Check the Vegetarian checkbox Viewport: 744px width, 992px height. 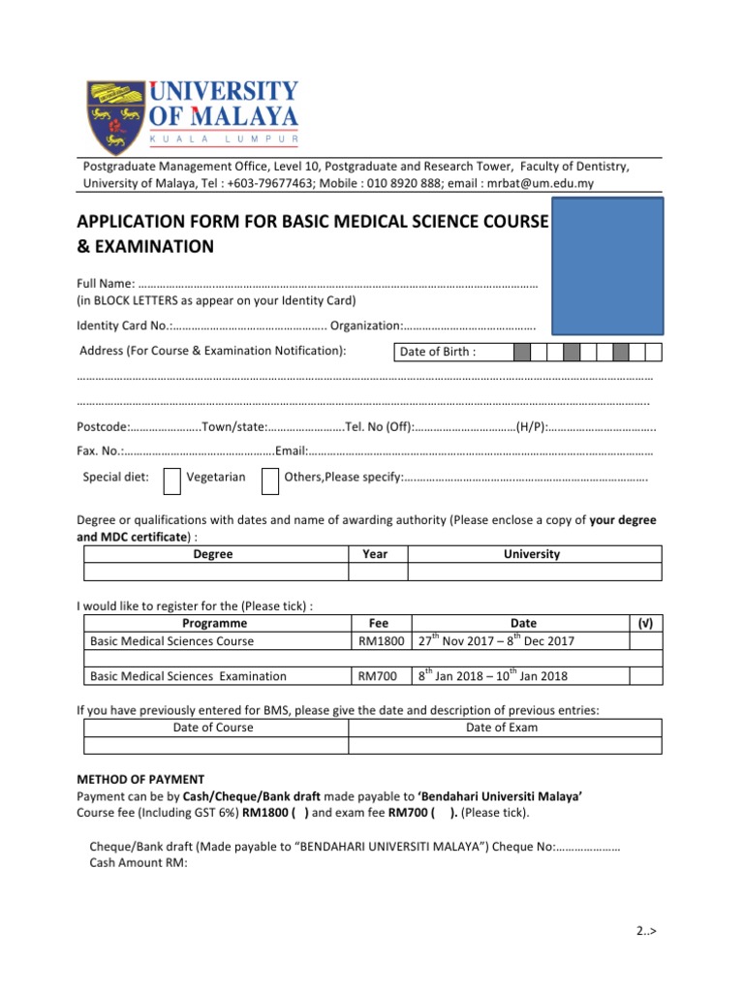pyautogui.click(x=171, y=478)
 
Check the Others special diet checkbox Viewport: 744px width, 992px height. pyautogui.click(x=270, y=478)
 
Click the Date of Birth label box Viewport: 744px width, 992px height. pyautogui.click(x=452, y=353)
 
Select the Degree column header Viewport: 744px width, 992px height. pyautogui.click(x=213, y=554)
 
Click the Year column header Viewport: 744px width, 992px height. pyautogui.click(x=375, y=554)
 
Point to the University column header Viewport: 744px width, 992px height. pyautogui.click(x=532, y=554)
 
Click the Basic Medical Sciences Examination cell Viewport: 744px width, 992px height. pyautogui.click(x=188, y=676)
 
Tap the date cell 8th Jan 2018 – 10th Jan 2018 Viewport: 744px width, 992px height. pyautogui.click(x=493, y=676)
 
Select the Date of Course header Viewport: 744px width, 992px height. pyautogui.click(x=213, y=728)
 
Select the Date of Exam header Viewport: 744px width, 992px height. pyautogui.click(x=502, y=728)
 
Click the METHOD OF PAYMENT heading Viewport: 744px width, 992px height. pyautogui.click(x=140, y=779)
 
